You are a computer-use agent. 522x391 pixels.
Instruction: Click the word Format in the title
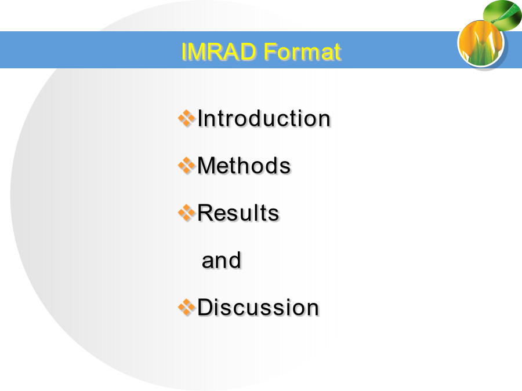click(x=302, y=51)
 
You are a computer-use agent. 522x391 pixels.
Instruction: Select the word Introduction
click(x=264, y=118)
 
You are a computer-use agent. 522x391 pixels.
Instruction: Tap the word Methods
click(x=244, y=165)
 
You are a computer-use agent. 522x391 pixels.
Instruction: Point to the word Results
click(x=238, y=213)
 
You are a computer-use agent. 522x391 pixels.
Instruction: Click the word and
click(x=222, y=260)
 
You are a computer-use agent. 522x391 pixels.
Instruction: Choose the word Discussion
click(x=258, y=307)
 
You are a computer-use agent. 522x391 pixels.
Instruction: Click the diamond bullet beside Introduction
click(x=186, y=118)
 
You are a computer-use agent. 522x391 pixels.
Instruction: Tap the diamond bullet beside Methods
click(x=186, y=165)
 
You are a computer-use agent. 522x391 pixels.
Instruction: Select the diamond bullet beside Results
click(x=186, y=213)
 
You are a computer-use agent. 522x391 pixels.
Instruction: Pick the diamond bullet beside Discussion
click(x=186, y=307)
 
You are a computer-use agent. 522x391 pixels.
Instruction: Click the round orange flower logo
click(x=480, y=43)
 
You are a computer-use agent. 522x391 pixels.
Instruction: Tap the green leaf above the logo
click(x=502, y=15)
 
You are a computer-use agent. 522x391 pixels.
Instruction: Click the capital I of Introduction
click(x=200, y=118)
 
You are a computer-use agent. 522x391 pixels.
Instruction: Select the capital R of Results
click(x=206, y=213)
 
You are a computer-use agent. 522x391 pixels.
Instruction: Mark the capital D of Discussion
click(x=206, y=307)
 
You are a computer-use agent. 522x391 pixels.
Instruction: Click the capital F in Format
click(x=269, y=51)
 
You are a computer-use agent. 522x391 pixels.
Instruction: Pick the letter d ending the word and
click(x=235, y=260)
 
